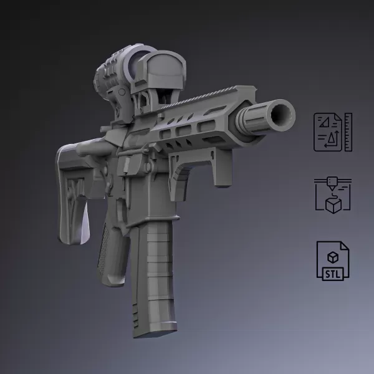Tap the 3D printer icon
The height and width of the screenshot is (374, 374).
pyautogui.click(x=332, y=195)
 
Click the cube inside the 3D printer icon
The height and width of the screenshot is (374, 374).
pyautogui.click(x=334, y=205)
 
